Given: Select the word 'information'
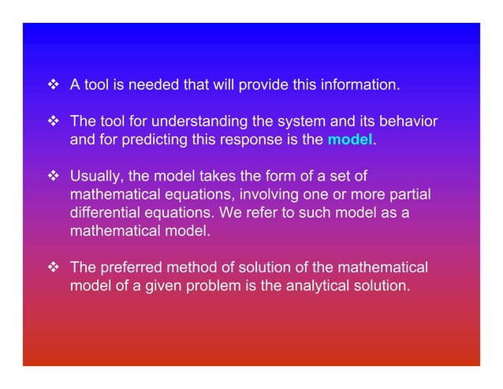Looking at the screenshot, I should pos(360,84).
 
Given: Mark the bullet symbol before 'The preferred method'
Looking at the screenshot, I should pos(55,268).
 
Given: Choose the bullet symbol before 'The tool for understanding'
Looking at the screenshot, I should pos(55,124).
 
